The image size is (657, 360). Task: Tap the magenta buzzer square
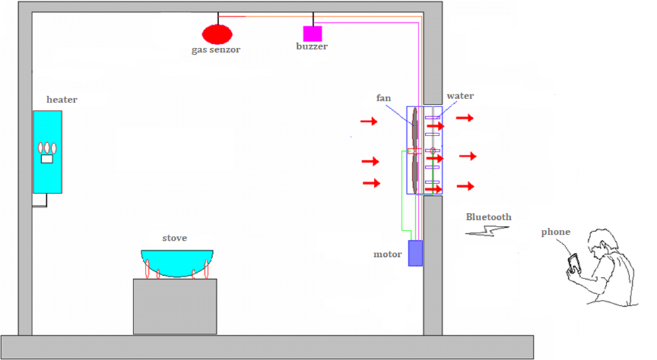pyautogui.click(x=312, y=34)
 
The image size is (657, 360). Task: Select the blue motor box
pyautogui.click(x=416, y=253)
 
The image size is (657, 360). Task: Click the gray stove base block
pyautogui.click(x=175, y=306)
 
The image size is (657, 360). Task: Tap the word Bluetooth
pyautogui.click(x=489, y=217)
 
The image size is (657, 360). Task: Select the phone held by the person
pyautogui.click(x=573, y=262)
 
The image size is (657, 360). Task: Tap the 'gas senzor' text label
pyautogui.click(x=216, y=50)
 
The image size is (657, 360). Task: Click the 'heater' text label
pyautogui.click(x=61, y=100)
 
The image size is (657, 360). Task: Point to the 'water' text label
pyautogui.click(x=460, y=96)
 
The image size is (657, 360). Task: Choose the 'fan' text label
pyautogui.click(x=383, y=98)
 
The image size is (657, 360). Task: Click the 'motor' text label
pyautogui.click(x=387, y=254)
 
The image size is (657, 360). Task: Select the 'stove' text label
pyautogui.click(x=175, y=238)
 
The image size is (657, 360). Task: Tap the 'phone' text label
pyautogui.click(x=555, y=232)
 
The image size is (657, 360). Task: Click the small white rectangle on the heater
pyautogui.click(x=47, y=159)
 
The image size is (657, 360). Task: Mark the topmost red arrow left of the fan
pyautogui.click(x=369, y=121)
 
